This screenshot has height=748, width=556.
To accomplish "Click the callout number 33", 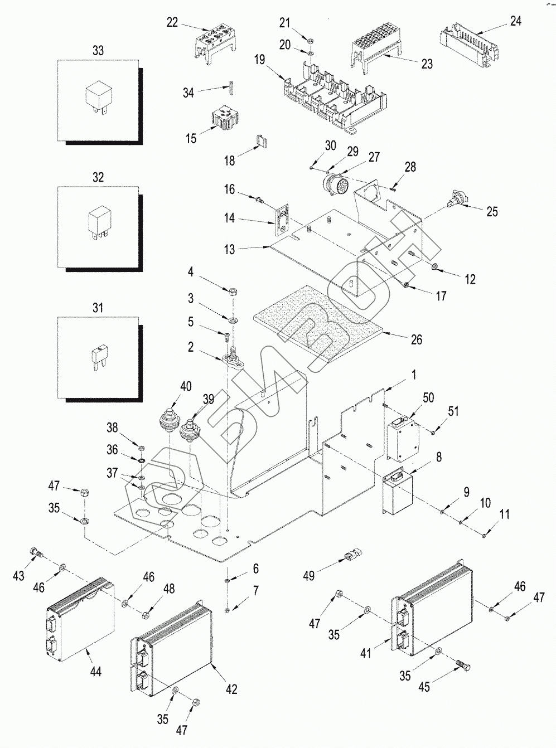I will [98, 51].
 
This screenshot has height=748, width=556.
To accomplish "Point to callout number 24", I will [516, 21].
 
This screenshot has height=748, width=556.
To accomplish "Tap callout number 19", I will [260, 59].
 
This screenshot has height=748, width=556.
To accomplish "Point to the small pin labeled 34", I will [229, 88].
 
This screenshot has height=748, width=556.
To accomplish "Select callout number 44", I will [96, 672].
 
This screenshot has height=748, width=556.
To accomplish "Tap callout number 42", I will [231, 689].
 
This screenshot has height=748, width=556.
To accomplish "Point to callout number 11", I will [504, 514].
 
